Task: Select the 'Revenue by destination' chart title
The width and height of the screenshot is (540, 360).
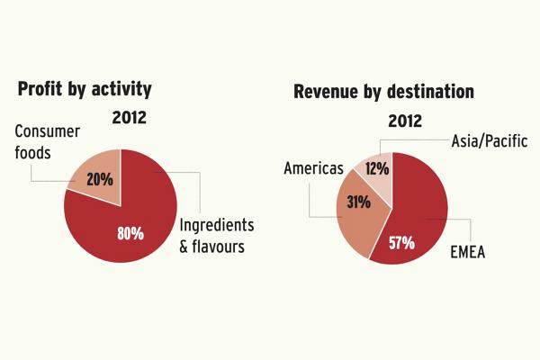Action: pyautogui.click(x=383, y=92)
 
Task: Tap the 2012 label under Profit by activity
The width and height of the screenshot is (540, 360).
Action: pyautogui.click(x=130, y=116)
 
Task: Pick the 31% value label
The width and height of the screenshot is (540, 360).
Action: pyautogui.click(x=359, y=202)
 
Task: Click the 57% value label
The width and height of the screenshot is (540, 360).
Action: pyautogui.click(x=401, y=242)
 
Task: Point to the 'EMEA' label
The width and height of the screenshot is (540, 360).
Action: pyautogui.click(x=468, y=253)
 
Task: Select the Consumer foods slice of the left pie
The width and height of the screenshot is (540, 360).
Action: pyautogui.click(x=97, y=175)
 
